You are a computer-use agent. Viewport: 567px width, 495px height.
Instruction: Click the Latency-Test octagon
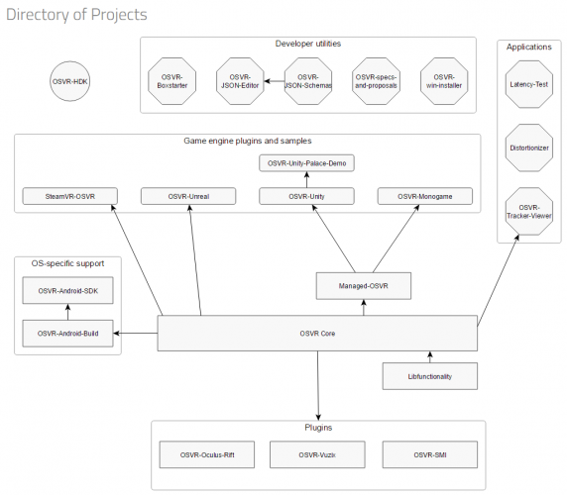[x=528, y=86]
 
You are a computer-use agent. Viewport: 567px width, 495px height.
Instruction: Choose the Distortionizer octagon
[x=528, y=148]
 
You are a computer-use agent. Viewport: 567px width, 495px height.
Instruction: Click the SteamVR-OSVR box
[x=69, y=197]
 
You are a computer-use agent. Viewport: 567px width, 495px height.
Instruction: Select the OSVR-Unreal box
[x=187, y=197]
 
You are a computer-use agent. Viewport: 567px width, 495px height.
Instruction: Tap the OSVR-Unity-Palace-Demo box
[x=306, y=161]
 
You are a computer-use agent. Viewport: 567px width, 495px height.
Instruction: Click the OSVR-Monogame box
[x=424, y=197]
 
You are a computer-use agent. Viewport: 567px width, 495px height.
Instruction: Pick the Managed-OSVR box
[x=362, y=287]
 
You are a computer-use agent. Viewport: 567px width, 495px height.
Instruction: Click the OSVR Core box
[x=317, y=333]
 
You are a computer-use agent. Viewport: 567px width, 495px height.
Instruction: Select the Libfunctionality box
[x=429, y=376]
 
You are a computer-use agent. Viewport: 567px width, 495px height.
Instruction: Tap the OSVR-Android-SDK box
[x=67, y=289]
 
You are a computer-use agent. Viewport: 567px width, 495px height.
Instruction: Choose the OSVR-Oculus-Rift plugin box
[x=207, y=454]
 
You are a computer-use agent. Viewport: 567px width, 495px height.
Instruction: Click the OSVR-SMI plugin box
[x=429, y=454]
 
